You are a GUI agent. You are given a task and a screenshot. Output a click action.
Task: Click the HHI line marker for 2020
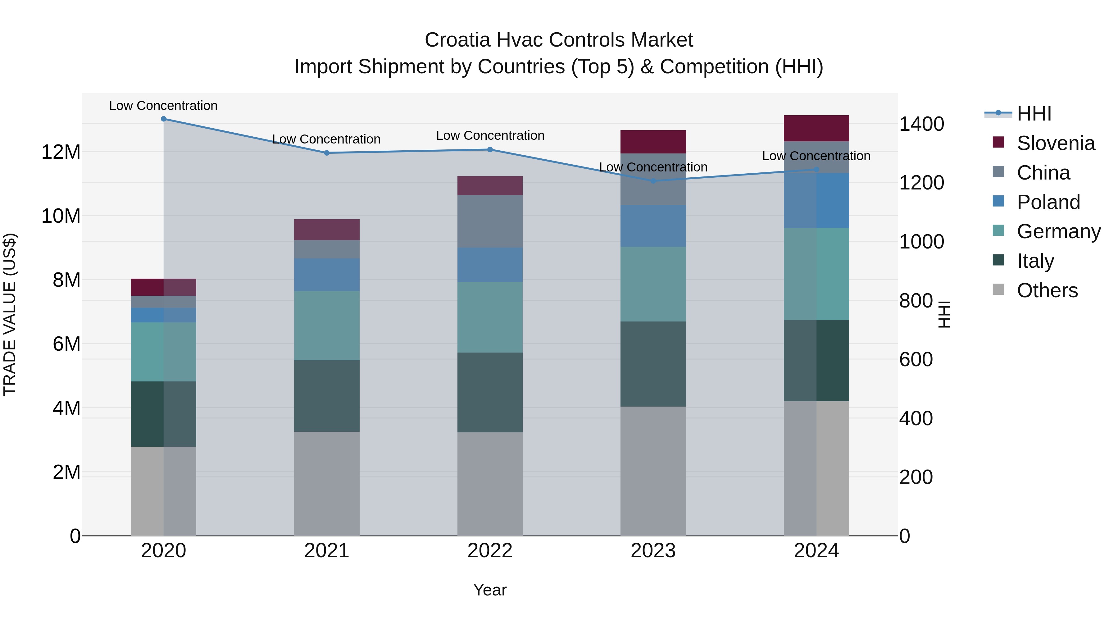pos(164,119)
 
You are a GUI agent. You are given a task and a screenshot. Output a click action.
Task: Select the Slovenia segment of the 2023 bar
pos(653,142)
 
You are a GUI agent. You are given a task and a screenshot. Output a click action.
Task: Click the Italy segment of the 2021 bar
pos(327,396)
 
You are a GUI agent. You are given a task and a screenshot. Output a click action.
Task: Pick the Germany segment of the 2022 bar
pos(490,317)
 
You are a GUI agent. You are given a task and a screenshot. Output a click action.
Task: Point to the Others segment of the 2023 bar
pos(653,471)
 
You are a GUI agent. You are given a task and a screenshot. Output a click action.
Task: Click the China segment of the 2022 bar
pos(490,221)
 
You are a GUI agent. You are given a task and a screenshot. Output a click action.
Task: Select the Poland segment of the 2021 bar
pos(327,275)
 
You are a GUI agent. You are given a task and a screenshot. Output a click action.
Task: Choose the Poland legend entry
pos(1048,202)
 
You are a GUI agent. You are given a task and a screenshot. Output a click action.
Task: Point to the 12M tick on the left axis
pos(61,152)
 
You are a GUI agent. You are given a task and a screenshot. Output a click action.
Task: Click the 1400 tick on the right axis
pos(921,124)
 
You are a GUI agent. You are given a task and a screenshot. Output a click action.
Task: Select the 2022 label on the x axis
pos(490,551)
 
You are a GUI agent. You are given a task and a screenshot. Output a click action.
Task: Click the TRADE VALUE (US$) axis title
pos(10,314)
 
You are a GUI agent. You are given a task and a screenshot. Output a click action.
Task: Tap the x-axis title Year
pos(490,590)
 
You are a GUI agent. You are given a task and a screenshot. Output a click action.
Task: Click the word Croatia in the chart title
pos(457,40)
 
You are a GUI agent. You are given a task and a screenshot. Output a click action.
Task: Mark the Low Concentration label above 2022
pos(490,135)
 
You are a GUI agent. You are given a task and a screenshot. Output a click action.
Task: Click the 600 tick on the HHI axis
pos(916,359)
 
